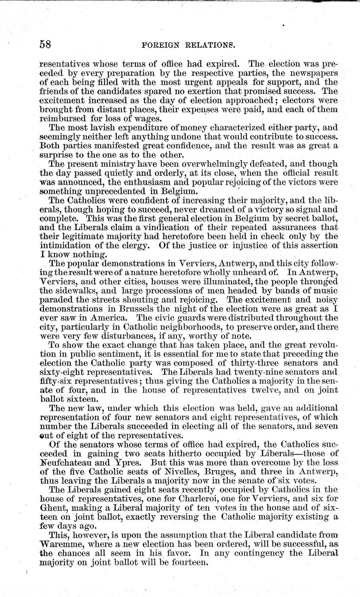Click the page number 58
coord(46,44)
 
